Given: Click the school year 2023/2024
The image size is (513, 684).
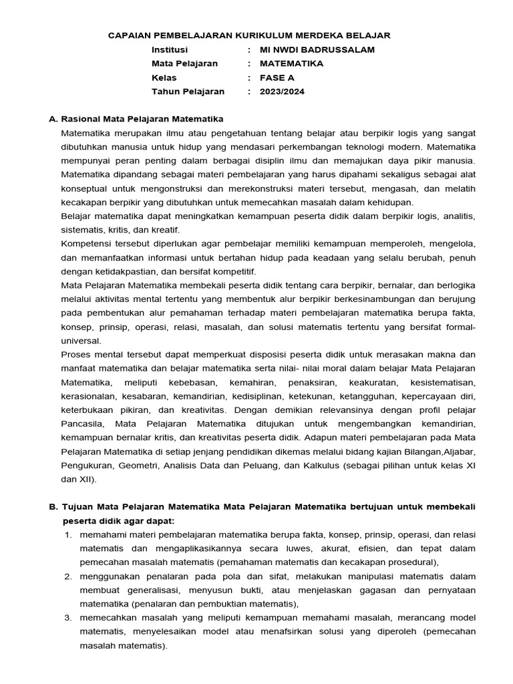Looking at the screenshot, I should pyautogui.click(x=281, y=92).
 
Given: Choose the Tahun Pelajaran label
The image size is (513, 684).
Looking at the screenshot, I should pyautogui.click(x=188, y=92).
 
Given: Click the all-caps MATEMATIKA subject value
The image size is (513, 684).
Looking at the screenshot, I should pyautogui.click(x=291, y=64).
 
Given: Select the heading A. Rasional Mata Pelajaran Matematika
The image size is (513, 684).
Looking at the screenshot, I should pyautogui.click(x=136, y=119).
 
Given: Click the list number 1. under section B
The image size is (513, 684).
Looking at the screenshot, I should pyautogui.click(x=68, y=535).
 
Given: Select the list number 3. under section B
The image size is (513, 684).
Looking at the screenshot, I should pyautogui.click(x=68, y=619).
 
